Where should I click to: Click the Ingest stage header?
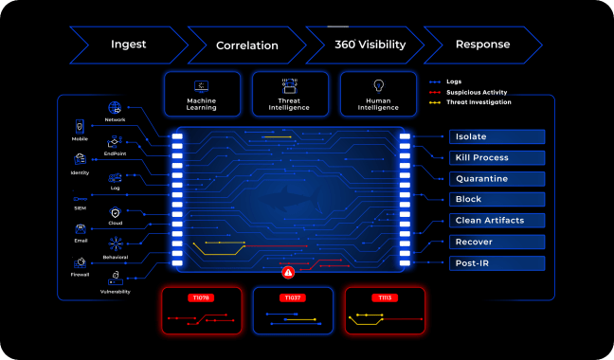[128, 45]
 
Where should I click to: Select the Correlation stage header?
[246, 45]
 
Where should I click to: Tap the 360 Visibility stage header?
[365, 45]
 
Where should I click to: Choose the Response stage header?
[482, 45]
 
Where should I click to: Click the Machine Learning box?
[202, 94]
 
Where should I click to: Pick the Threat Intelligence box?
[289, 94]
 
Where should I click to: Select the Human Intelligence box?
[377, 94]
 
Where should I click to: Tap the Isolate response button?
[497, 136]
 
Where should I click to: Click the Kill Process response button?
[497, 157]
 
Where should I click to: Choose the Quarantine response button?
[497, 178]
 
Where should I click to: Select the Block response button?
[497, 199]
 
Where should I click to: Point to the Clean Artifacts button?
[497, 220]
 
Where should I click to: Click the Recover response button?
[497, 242]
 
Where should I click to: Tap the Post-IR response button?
[497, 262]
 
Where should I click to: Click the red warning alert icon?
[289, 273]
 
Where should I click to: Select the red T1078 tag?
[201, 297]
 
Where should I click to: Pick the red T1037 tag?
[292, 297]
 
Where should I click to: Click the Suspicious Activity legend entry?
[474, 92]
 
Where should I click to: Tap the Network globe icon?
[115, 108]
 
